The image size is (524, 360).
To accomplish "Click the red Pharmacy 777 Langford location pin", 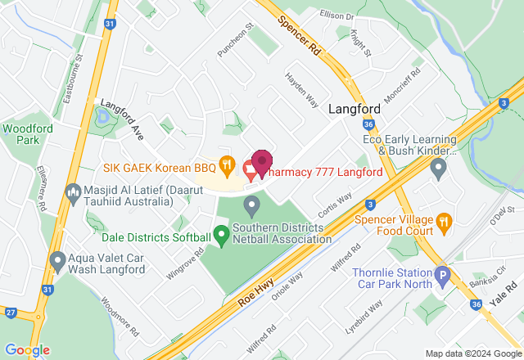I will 261,162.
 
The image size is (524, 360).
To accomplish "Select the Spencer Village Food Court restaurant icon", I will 443,220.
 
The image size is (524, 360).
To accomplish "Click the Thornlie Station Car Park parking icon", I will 443,276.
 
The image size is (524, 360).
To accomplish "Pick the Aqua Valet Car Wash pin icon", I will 57,261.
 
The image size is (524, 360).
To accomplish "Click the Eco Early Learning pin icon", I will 438,169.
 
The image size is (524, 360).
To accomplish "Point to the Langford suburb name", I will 355,109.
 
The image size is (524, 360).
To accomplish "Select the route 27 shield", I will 10,312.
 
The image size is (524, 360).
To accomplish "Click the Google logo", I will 27,349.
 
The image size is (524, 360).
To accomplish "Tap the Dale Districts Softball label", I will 155,238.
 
